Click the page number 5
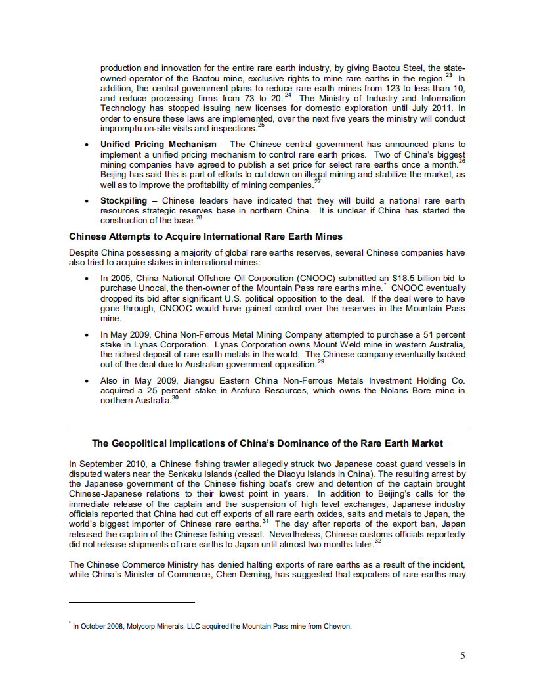tap(463, 655)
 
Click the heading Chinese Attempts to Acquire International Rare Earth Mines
tap(205, 236)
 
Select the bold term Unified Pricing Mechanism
tap(158, 144)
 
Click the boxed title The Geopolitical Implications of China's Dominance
tap(267, 443)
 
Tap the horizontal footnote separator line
tap(131, 602)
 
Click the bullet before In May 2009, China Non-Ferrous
tap(87, 335)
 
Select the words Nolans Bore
tap(395, 391)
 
